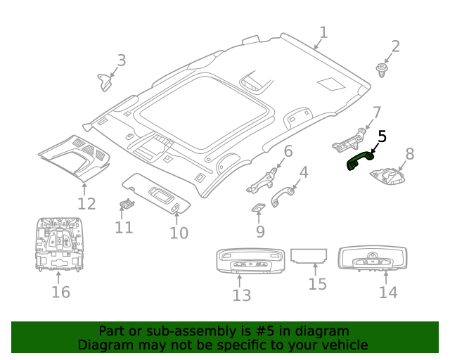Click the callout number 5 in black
point(382,136)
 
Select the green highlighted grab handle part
point(360,161)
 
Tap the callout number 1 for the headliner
point(323,32)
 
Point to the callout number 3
point(121,60)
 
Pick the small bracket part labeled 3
point(107,82)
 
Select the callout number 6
point(288,151)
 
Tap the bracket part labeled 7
point(352,140)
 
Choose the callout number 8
point(409,153)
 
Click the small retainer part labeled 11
point(127,205)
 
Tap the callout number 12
point(86,204)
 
